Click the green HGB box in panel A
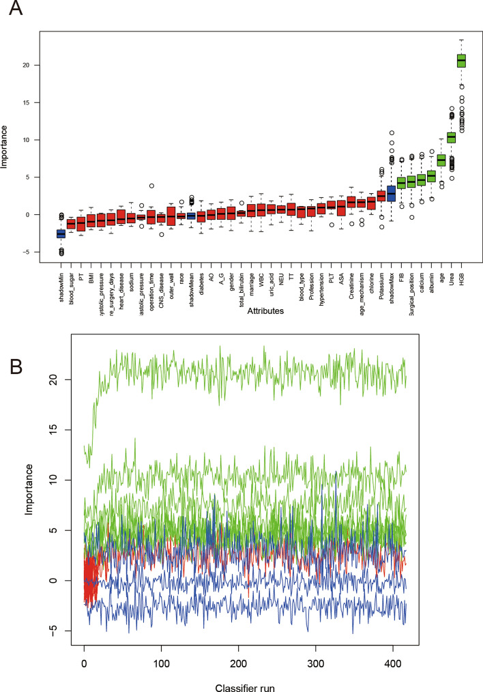click(x=461, y=61)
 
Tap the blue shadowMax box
click(x=391, y=194)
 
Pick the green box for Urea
click(x=451, y=137)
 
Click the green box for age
click(x=441, y=160)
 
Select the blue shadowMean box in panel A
click(x=191, y=216)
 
